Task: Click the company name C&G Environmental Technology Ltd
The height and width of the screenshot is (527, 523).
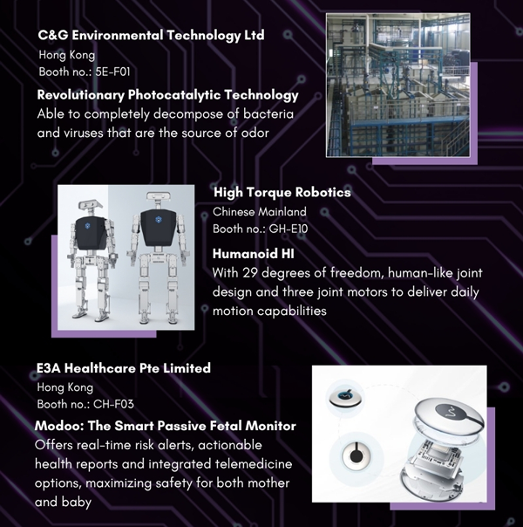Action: click(151, 36)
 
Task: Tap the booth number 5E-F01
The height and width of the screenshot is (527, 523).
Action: click(112, 72)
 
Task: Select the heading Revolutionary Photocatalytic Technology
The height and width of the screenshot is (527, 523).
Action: click(168, 95)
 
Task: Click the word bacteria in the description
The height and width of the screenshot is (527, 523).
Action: click(268, 114)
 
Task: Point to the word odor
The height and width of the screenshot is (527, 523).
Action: click(255, 133)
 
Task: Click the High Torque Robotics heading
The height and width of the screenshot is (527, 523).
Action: click(282, 193)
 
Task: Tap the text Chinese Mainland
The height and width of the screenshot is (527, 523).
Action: click(260, 212)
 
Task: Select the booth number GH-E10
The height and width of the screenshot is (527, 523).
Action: click(289, 229)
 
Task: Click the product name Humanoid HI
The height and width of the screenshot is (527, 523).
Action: click(254, 254)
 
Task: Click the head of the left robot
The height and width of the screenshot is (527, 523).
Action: click(89, 206)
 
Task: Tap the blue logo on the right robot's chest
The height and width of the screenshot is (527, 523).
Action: click(159, 220)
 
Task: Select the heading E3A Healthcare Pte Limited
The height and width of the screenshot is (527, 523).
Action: click(124, 368)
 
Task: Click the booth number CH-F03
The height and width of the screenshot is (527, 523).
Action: click(113, 404)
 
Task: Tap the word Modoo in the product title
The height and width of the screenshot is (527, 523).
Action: click(58, 426)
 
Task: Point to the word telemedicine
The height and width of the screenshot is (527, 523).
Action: click(254, 464)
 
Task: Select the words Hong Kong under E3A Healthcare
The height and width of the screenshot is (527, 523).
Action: click(65, 387)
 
